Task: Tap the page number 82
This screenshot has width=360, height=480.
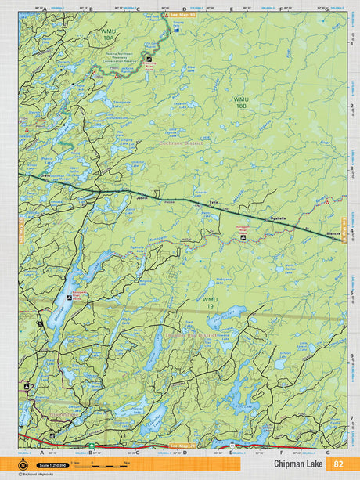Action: pyautogui.click(x=339, y=464)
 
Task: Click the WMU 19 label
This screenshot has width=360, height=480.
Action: pyautogui.click(x=209, y=302)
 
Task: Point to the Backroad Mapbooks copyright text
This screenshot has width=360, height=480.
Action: pyautogui.click(x=28, y=473)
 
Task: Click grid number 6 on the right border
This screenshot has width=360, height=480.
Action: pyautogui.click(x=352, y=355)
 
